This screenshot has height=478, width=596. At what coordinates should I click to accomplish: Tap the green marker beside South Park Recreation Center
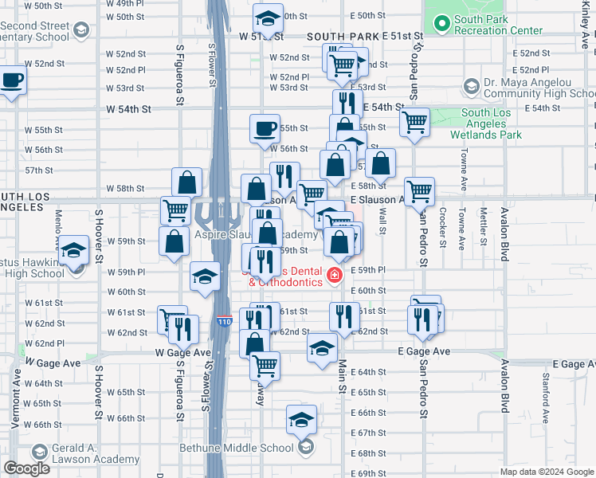point(441,25)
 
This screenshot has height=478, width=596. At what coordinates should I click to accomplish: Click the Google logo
point(25,468)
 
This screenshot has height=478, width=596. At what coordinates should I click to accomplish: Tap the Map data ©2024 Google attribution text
point(547,472)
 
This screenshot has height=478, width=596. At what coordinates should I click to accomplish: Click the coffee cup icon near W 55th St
point(265,128)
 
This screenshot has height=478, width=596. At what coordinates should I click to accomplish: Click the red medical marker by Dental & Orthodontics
point(335,276)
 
